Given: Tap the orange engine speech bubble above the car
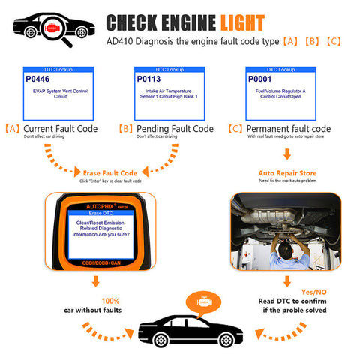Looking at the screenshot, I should (202, 300).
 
